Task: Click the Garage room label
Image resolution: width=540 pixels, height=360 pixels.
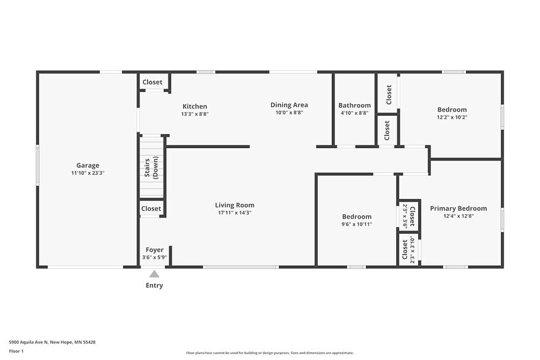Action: [x=88, y=165]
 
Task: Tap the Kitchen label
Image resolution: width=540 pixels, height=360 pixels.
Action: [x=195, y=106]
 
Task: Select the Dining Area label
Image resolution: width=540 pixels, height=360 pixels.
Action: [x=289, y=105]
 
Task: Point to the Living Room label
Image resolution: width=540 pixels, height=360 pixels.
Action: [x=234, y=205]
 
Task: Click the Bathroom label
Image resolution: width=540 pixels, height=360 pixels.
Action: [x=354, y=105]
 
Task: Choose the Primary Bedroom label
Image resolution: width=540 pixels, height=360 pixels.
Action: [x=458, y=208]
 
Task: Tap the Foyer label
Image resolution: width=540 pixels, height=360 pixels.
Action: [x=154, y=250]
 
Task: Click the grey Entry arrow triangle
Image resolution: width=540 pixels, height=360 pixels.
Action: [x=154, y=274]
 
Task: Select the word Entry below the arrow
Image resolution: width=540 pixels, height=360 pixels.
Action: [x=154, y=285]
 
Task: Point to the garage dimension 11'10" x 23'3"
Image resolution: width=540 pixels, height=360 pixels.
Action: [x=88, y=173]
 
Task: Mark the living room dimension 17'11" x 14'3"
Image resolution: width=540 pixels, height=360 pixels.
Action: [x=234, y=213]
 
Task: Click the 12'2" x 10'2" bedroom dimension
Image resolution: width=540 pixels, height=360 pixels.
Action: [x=452, y=118]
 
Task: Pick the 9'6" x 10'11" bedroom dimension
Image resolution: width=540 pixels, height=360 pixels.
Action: [x=356, y=225]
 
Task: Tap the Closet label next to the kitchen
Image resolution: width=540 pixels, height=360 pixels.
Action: [x=152, y=82]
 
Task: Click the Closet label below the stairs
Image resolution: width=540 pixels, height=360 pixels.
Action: [x=151, y=208]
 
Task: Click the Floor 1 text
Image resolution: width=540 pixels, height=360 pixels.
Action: [x=16, y=351]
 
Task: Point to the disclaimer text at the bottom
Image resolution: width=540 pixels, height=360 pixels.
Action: [x=269, y=353]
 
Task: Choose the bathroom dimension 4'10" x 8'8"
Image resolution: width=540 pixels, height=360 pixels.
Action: [x=354, y=113]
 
